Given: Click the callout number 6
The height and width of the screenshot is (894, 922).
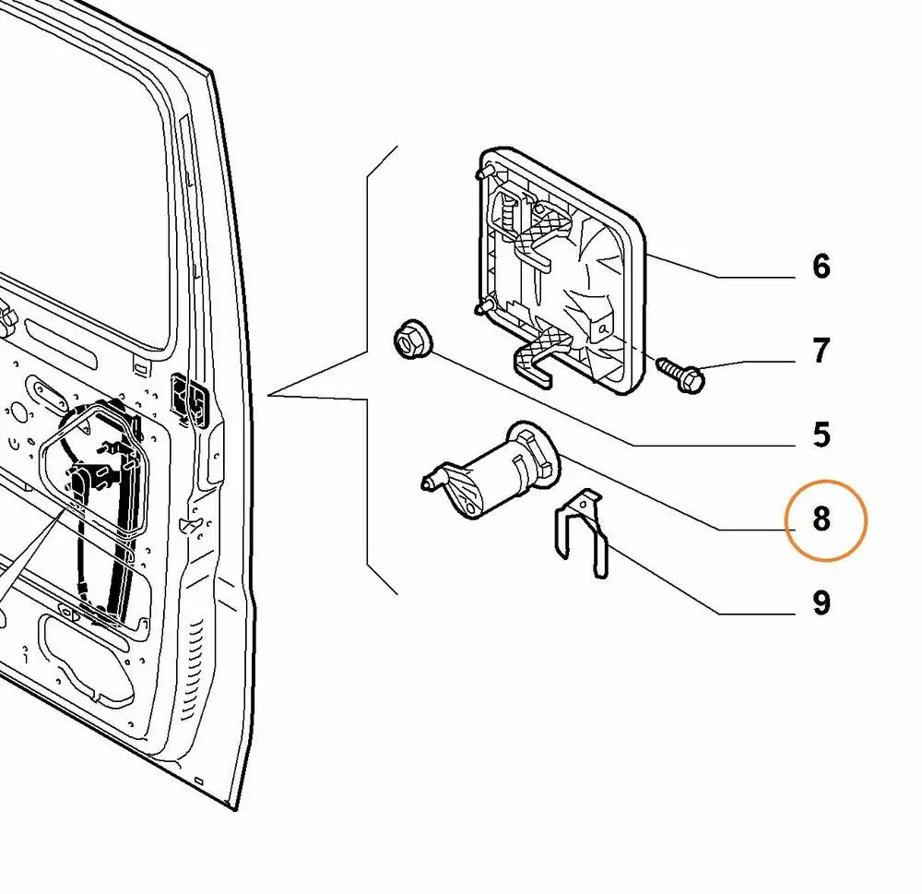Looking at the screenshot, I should tap(821, 267).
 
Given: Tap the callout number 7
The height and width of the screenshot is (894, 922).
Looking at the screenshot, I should tap(821, 351).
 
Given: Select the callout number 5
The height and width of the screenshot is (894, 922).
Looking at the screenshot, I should tap(821, 435).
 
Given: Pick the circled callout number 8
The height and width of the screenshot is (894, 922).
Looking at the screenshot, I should tap(821, 519).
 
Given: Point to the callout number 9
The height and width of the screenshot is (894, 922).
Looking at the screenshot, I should tap(821, 603).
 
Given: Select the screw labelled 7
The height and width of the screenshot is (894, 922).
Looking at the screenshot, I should tap(683, 374).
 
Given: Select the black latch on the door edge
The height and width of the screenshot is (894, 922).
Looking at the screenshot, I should tap(191, 399).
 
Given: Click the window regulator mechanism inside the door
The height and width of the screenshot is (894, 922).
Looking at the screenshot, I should tap(97, 498).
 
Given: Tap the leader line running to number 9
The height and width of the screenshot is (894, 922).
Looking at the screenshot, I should tap(701, 581).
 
